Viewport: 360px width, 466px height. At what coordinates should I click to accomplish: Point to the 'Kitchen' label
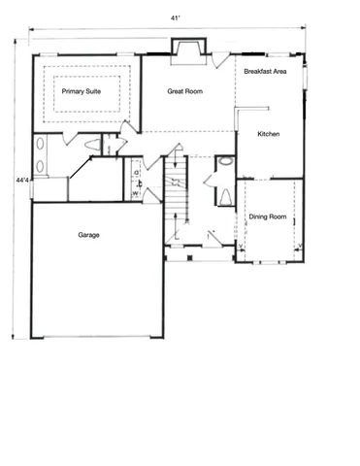click(269, 134)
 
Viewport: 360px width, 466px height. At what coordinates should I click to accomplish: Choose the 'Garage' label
click(89, 235)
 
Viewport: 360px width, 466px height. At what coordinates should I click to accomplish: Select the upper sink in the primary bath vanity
click(42, 147)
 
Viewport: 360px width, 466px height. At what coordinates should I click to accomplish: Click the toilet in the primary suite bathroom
click(93, 145)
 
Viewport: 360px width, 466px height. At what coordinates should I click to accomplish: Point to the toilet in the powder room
click(225, 196)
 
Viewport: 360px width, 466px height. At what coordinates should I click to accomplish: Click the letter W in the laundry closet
click(135, 192)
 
